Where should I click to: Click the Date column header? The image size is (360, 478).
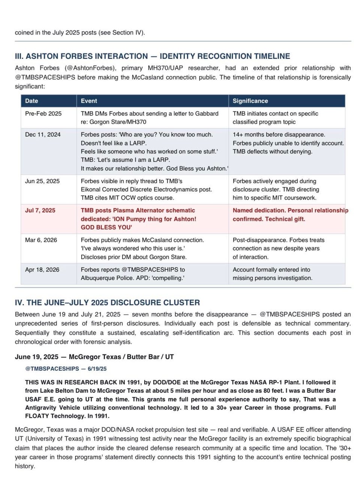(31, 101)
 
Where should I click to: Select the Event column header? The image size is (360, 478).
(89, 101)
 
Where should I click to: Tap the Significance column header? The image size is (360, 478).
(250, 101)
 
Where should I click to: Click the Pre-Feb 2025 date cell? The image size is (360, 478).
(43, 114)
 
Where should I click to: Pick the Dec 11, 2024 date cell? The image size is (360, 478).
(43, 134)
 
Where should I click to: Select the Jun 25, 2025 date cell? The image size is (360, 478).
(42, 181)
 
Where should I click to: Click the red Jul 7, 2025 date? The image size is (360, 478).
(40, 211)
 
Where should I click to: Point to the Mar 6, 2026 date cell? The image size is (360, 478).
(41, 240)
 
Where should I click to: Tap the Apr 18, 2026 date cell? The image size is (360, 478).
(42, 270)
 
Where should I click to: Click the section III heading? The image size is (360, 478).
(152, 56)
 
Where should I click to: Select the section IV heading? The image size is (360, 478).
(107, 303)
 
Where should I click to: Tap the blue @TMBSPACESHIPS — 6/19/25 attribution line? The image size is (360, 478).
(66, 369)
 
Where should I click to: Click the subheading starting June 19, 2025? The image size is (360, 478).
(94, 357)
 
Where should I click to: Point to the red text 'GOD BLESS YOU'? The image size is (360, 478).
(106, 227)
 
